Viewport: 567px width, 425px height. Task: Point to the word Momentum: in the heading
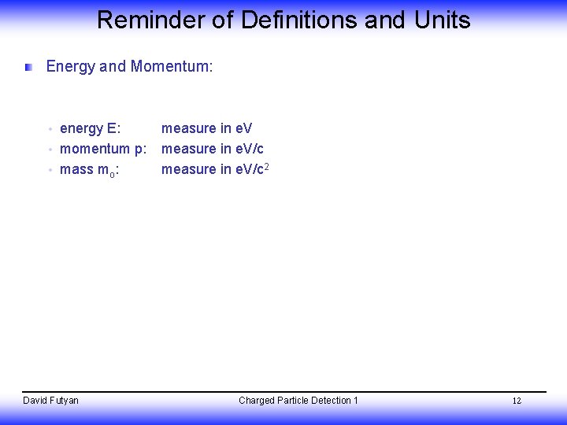pyautogui.click(x=172, y=67)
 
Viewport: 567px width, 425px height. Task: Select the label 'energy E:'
pyautogui.click(x=91, y=128)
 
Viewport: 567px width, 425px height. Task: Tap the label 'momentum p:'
pyautogui.click(x=103, y=149)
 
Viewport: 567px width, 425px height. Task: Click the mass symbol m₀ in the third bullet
pyautogui.click(x=109, y=170)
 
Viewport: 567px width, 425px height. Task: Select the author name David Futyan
pyautogui.click(x=50, y=401)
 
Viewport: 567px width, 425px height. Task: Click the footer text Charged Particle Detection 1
pyautogui.click(x=298, y=401)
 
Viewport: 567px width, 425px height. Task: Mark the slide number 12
pyautogui.click(x=517, y=401)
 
